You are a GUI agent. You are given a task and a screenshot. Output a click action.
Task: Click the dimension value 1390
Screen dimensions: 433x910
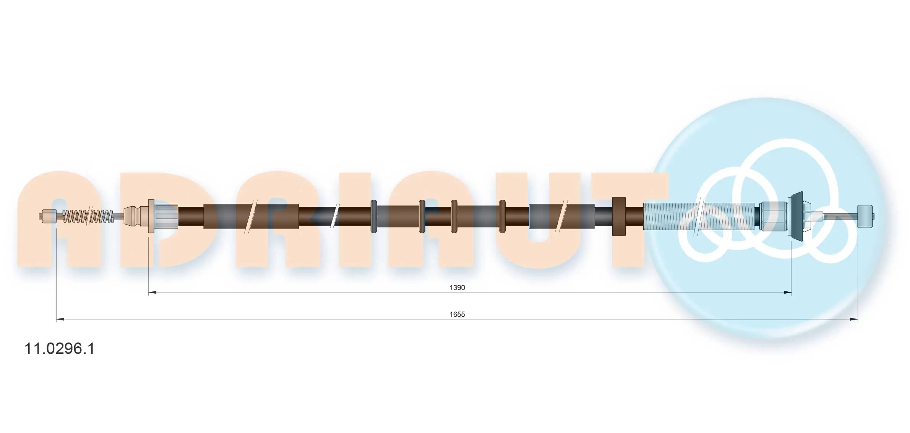pyautogui.click(x=457, y=288)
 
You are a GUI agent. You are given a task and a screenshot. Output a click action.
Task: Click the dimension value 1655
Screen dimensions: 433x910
pyautogui.click(x=457, y=314)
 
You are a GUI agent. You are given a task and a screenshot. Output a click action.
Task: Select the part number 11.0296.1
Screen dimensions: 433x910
pyautogui.click(x=59, y=349)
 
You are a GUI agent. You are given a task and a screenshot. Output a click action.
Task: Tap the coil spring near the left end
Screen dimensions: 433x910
pyautogui.click(x=88, y=216)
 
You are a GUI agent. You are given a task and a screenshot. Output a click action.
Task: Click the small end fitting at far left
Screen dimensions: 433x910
pyautogui.click(x=48, y=216)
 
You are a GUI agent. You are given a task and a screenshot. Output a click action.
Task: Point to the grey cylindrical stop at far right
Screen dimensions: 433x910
pyautogui.click(x=865, y=216)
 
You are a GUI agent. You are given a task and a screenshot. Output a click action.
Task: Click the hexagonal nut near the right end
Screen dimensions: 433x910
pyautogui.click(x=773, y=216)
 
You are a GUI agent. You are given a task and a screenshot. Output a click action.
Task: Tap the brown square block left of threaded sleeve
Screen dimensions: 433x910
pyautogui.click(x=619, y=216)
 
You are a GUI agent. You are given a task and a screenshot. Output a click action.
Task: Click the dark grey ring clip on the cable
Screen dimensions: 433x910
pyautogui.click(x=374, y=216)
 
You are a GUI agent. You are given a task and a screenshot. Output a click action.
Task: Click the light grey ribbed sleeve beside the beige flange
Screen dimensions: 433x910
pyautogui.click(x=166, y=216)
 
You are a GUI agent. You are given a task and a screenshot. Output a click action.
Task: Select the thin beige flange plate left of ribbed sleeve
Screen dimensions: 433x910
pyautogui.click(x=151, y=216)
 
